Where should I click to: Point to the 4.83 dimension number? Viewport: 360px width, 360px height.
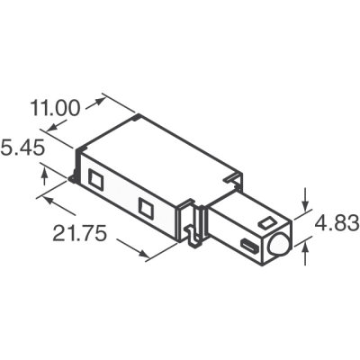coord(337,221)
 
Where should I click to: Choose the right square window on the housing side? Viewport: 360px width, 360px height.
coord(144,207)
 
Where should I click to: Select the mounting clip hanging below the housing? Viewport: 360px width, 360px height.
coord(192,229)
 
